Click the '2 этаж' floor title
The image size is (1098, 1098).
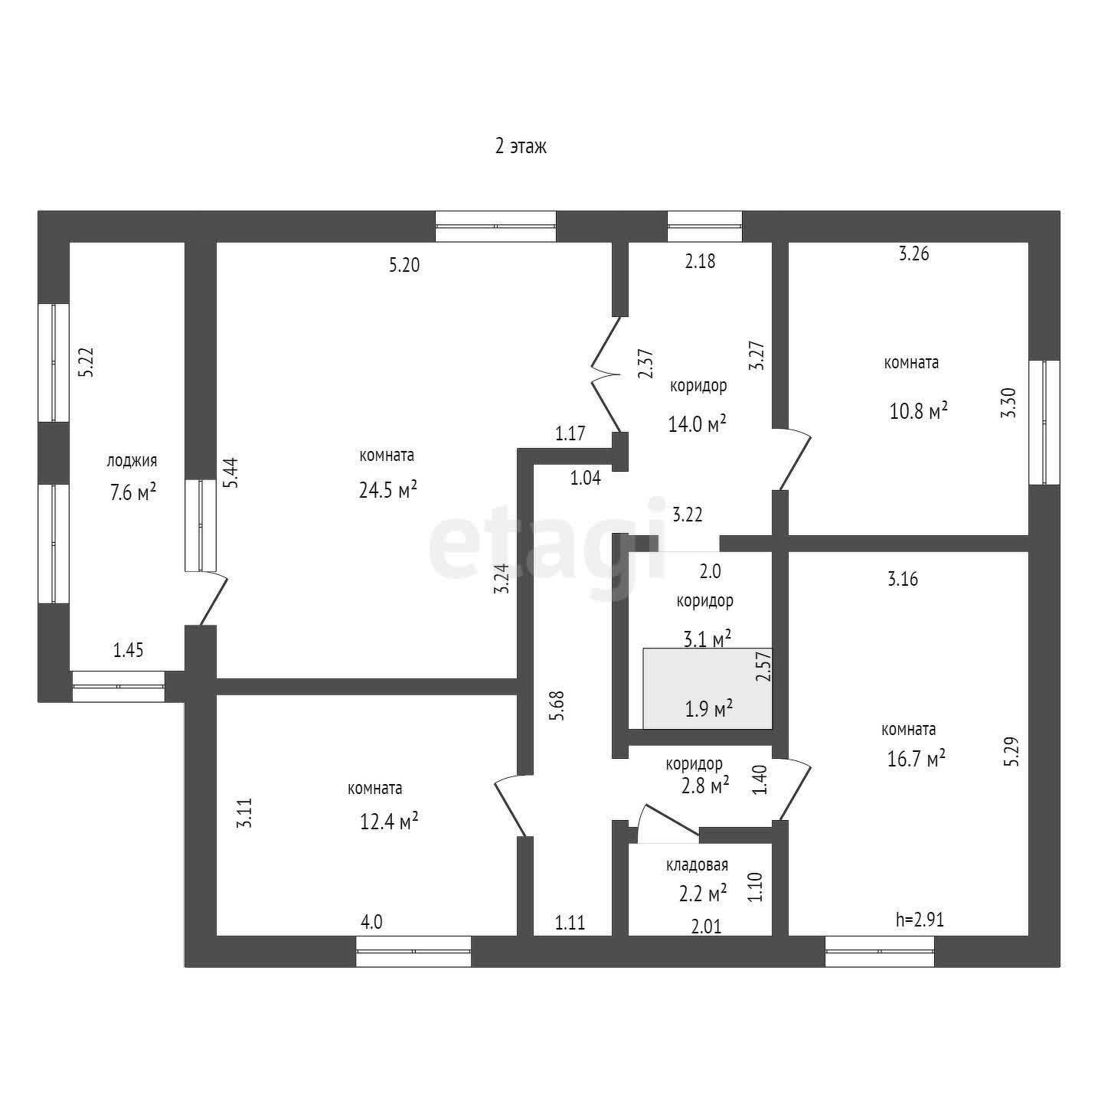pyautogui.click(x=520, y=146)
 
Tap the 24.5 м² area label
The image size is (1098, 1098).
pyautogui.click(x=388, y=489)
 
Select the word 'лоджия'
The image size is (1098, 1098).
pyautogui.click(x=132, y=461)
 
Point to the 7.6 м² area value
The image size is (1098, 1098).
pyautogui.click(x=132, y=492)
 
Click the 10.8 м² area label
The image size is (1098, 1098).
pyautogui.click(x=919, y=410)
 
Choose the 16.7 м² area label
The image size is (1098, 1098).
pyautogui.click(x=917, y=758)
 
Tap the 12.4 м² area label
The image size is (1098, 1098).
pyautogui.click(x=389, y=822)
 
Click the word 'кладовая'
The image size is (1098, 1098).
pyautogui.click(x=697, y=864)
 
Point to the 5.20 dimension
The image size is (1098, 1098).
pyautogui.click(x=404, y=265)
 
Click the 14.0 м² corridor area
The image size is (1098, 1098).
pyautogui.click(x=697, y=424)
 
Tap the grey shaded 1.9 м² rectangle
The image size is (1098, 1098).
pyautogui.click(x=707, y=688)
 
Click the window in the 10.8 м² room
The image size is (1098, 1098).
pyautogui.click(x=1044, y=422)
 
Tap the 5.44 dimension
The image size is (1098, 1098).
pyautogui.click(x=231, y=472)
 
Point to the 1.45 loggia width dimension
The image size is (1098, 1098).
pyautogui.click(x=128, y=649)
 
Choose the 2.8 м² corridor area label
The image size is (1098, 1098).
pyautogui.click(x=705, y=786)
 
